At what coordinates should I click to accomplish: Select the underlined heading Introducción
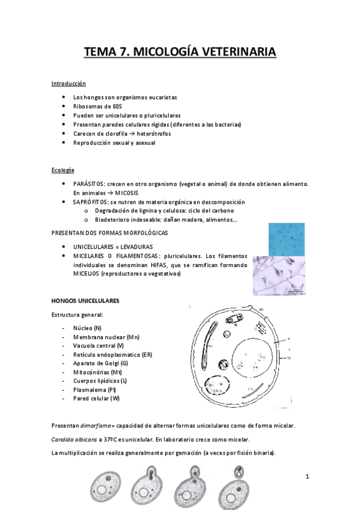coord(69,84)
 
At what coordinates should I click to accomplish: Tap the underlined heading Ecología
coord(63,171)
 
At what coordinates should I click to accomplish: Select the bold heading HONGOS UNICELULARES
coord(85,300)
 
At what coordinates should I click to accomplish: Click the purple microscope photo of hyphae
coord(278,276)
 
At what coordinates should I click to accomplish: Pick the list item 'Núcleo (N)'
coord(87,328)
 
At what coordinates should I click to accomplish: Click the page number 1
coord(307,477)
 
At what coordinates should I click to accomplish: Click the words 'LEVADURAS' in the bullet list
coord(135,247)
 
